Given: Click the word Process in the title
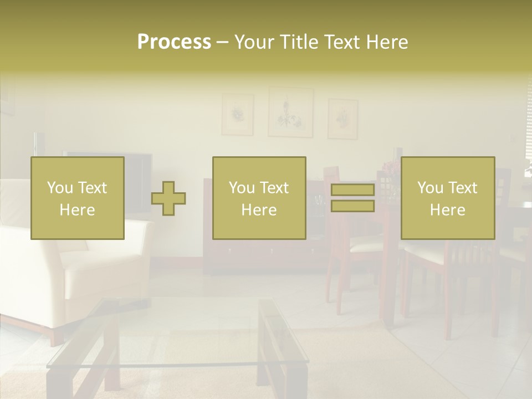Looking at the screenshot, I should point(174,42).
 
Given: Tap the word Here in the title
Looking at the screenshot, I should point(386,42).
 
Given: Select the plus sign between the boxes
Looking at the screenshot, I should point(168,198).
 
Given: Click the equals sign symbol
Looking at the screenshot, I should point(352,198).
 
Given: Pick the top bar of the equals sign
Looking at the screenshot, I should point(352,191).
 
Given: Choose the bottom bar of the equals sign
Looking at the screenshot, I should point(352,206).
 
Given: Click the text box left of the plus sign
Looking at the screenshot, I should point(78,198).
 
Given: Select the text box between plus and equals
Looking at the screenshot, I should point(259,198).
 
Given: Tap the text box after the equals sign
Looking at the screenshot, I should point(447,198).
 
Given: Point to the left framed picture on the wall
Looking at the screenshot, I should point(238,115).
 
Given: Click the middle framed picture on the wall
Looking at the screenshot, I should point(290,112).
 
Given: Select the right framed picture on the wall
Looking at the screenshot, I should point(342,119).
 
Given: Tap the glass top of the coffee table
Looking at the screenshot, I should point(166,332).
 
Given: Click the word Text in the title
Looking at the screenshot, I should point(341,42).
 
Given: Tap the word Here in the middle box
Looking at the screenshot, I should point(259,210).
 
